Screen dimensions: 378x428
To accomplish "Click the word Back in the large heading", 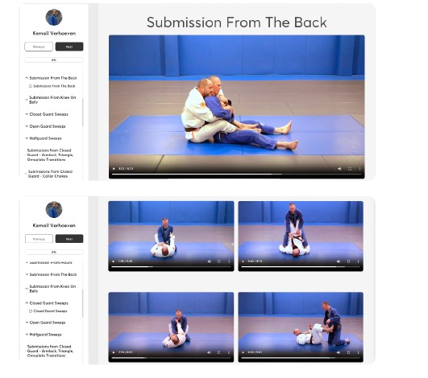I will pos(307,22).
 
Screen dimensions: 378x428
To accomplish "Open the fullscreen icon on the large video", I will pos(350,169).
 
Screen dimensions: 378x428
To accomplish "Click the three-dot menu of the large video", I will pos(359,169).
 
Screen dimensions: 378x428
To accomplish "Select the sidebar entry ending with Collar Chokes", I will pos(50,173).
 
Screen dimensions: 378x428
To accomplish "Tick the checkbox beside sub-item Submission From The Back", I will pos(31,85).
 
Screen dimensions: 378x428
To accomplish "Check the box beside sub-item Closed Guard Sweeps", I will pos(31,310).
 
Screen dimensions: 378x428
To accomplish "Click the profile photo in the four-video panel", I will pos(54,211).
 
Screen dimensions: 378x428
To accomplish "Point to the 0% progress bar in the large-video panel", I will pos(54,60).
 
